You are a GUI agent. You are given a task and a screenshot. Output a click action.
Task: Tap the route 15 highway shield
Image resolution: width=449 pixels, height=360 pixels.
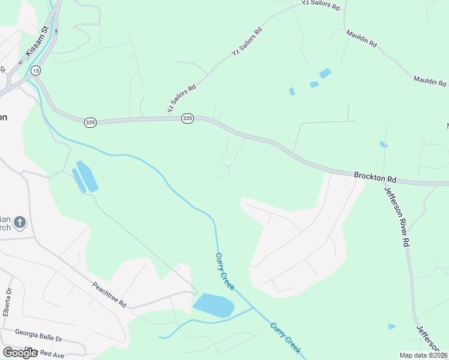point(37,70)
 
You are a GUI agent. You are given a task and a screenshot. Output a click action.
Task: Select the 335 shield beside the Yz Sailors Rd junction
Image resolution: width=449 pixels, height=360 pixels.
point(187,118)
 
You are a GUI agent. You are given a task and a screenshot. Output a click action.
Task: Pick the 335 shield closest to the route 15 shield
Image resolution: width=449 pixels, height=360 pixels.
point(90,122)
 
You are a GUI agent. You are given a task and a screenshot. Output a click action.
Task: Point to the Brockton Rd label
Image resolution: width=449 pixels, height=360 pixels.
point(375,178)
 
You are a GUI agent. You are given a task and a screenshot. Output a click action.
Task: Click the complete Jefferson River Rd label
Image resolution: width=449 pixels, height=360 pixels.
point(397,215)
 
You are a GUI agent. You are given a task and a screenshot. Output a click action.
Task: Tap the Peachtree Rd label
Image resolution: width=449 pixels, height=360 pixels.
point(109,295)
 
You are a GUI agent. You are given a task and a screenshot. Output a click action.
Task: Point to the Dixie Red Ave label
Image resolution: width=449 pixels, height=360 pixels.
point(45,353)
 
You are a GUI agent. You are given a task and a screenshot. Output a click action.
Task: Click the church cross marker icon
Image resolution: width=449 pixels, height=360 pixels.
point(19,223)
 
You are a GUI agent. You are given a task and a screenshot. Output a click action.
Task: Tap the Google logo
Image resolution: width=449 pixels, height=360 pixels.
point(20,353)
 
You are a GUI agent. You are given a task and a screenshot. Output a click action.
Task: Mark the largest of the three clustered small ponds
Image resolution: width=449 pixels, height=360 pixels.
point(325,74)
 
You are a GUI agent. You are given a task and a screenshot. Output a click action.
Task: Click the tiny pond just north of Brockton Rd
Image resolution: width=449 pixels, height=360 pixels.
point(384,144)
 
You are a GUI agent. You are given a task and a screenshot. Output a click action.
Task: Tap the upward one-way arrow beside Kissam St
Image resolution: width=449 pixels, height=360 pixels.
point(56,31)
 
